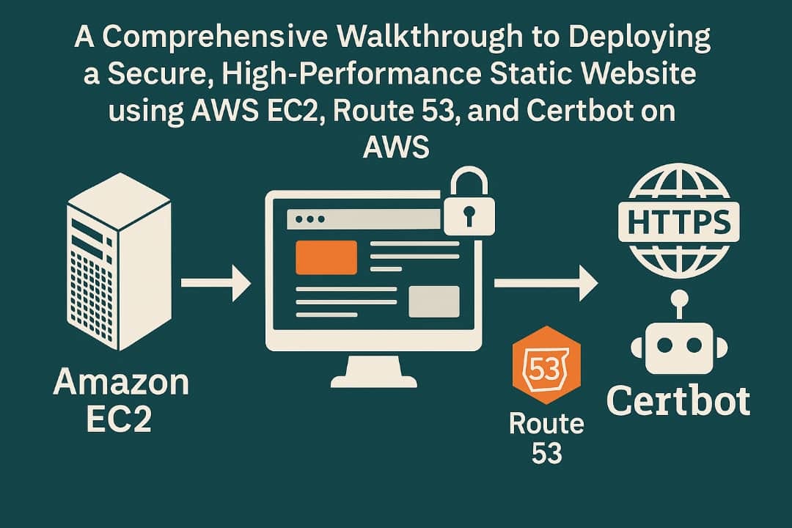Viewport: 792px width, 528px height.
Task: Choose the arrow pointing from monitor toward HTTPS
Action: point(546,283)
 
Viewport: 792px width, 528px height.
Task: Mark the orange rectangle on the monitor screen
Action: point(326,257)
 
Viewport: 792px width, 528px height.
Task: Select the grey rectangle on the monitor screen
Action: point(433,301)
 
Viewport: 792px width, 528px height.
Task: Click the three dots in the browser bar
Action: point(305,219)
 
